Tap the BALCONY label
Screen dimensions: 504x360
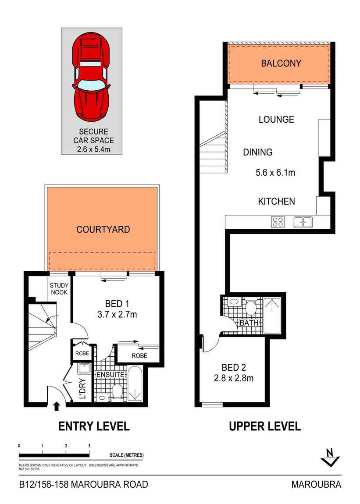tap(281, 63)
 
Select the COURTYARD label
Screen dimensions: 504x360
tap(103, 229)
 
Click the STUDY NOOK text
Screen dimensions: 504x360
tap(58, 289)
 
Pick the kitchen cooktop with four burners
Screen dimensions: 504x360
tap(278, 222)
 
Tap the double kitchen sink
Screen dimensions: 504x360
tap(303, 222)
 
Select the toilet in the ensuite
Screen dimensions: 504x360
tap(117, 391)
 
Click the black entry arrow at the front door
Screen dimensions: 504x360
tap(56, 406)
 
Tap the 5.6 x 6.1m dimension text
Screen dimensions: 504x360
tap(275, 173)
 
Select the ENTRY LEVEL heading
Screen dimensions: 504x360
tap(94, 426)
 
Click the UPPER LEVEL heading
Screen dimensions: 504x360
tap(265, 426)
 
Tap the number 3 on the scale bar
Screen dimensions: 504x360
tap(89, 445)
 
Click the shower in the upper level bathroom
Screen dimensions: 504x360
tap(274, 312)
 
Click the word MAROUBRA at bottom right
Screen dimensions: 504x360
tap(316, 484)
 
